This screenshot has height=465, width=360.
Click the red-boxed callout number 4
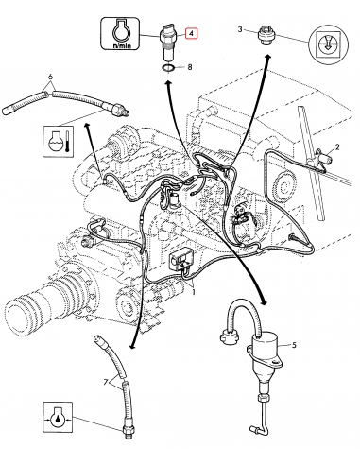[193, 34]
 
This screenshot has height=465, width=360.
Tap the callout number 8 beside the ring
[190, 67]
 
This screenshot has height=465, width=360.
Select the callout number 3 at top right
[241, 30]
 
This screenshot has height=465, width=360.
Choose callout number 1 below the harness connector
[195, 292]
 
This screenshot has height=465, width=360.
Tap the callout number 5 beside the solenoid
[293, 345]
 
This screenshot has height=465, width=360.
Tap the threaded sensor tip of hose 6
[119, 110]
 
